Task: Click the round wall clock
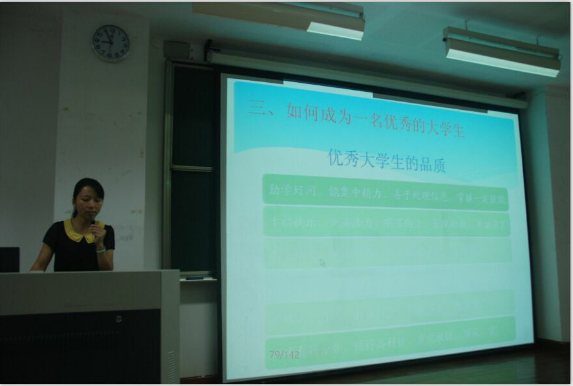pyautogui.click(x=111, y=43)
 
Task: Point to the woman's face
pyautogui.click(x=88, y=202)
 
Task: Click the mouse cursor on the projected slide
pyautogui.click(x=322, y=263)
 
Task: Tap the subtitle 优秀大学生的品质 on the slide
pyautogui.click(x=387, y=161)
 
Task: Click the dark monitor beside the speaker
pyautogui.click(x=9, y=259)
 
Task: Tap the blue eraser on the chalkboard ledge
pyautogui.click(x=195, y=278)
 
